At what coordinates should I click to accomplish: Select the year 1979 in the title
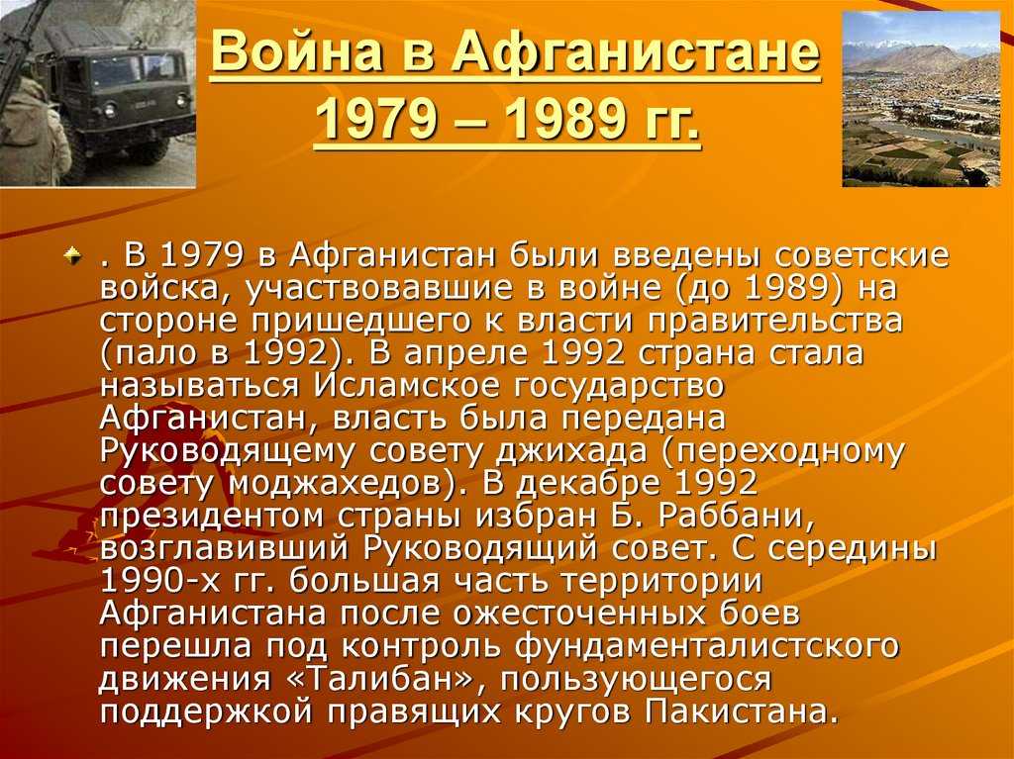(376, 120)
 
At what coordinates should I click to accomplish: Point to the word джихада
(570, 451)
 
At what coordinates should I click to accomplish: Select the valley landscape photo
(921, 99)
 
